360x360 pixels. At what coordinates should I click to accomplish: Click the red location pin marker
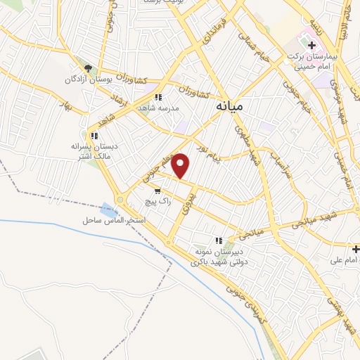(x=181, y=165)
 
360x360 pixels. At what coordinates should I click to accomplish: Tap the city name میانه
(x=227, y=106)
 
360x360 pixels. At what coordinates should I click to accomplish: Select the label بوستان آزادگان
(x=89, y=79)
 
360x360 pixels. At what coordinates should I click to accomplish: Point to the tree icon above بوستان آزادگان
(x=89, y=68)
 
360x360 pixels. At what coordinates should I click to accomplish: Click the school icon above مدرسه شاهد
(x=160, y=98)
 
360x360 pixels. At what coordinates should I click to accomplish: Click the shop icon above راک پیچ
(x=157, y=190)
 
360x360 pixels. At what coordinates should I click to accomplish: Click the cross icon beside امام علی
(x=356, y=249)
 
